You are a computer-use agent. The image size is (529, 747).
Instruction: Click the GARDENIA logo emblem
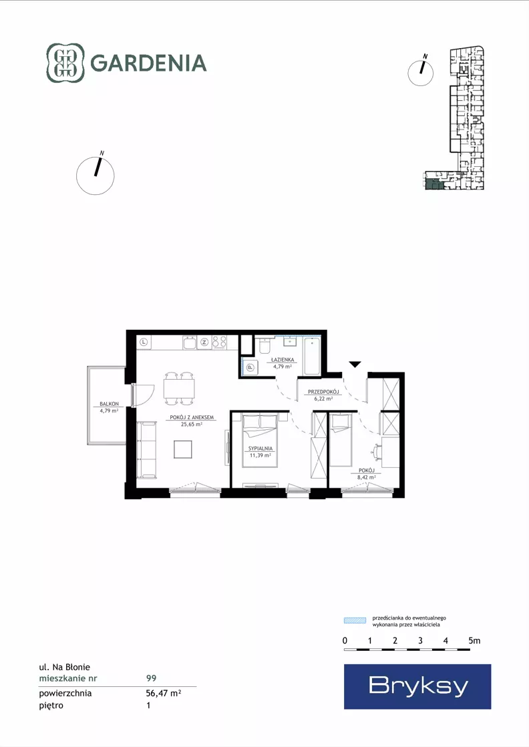click(65, 63)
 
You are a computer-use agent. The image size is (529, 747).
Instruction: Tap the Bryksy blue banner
click(417, 686)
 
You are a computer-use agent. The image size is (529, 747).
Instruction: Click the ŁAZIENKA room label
click(283, 360)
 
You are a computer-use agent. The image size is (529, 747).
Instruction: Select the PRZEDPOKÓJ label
click(323, 392)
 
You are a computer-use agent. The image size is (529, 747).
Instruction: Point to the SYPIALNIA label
click(260, 449)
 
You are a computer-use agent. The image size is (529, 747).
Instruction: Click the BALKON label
click(109, 403)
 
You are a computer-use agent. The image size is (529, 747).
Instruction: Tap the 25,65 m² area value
click(192, 424)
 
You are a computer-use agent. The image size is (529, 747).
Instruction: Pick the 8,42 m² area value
click(367, 477)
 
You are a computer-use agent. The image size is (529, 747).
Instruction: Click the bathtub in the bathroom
click(312, 356)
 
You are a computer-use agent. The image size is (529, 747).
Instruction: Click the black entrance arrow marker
click(355, 365)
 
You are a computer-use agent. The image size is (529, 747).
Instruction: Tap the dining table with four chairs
click(179, 389)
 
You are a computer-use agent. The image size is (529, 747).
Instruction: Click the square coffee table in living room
click(183, 449)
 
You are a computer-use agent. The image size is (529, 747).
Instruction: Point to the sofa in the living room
click(147, 450)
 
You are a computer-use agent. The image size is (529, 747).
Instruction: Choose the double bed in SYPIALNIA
click(260, 441)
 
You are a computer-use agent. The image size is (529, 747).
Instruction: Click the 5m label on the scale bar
click(474, 641)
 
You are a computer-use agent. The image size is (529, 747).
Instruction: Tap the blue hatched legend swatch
click(355, 620)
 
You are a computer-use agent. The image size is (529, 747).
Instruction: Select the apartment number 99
click(151, 678)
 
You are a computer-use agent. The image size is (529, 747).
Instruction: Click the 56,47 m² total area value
click(164, 693)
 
